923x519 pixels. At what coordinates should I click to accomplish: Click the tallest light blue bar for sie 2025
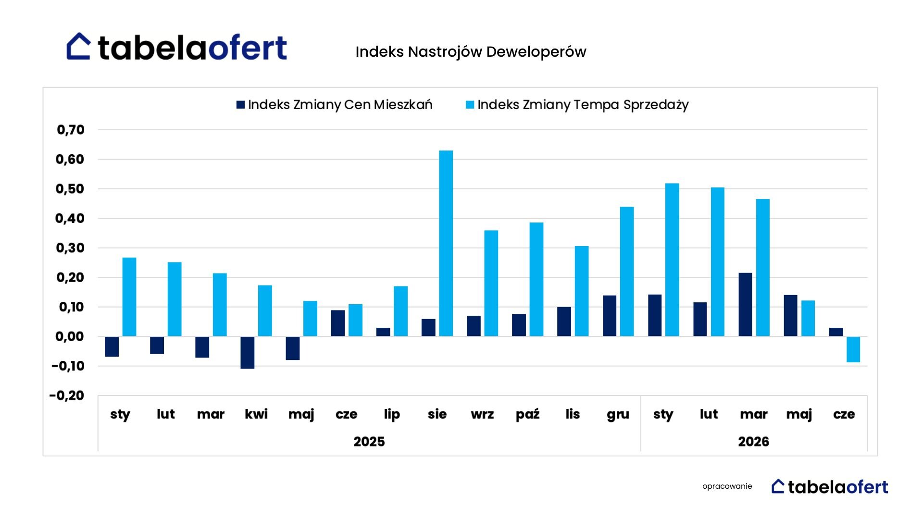446,243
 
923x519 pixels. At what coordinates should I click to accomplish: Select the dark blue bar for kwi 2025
248,353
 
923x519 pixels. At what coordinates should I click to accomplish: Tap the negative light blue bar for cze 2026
853,349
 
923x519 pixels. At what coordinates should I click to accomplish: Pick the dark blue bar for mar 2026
745,305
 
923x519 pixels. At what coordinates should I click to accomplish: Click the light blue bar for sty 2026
672,259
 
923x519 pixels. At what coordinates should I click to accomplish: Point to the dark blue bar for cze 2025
338,323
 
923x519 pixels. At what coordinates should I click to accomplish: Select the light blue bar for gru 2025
627,272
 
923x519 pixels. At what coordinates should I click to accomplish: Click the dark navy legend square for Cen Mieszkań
241,105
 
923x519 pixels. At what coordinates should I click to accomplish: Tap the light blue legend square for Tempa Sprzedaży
470,105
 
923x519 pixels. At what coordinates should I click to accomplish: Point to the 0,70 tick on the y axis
71,130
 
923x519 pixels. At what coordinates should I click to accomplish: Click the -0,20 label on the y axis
67,395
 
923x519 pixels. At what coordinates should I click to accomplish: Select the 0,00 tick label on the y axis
70,336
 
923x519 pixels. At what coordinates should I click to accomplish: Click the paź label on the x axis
527,414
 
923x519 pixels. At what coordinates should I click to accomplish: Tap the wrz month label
482,414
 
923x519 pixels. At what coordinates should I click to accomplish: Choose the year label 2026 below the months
753,442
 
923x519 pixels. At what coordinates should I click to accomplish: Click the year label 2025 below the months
369,442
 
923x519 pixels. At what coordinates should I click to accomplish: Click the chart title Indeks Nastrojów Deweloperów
471,52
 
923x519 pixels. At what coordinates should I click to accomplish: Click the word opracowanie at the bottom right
727,486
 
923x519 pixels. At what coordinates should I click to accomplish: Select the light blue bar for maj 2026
808,318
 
